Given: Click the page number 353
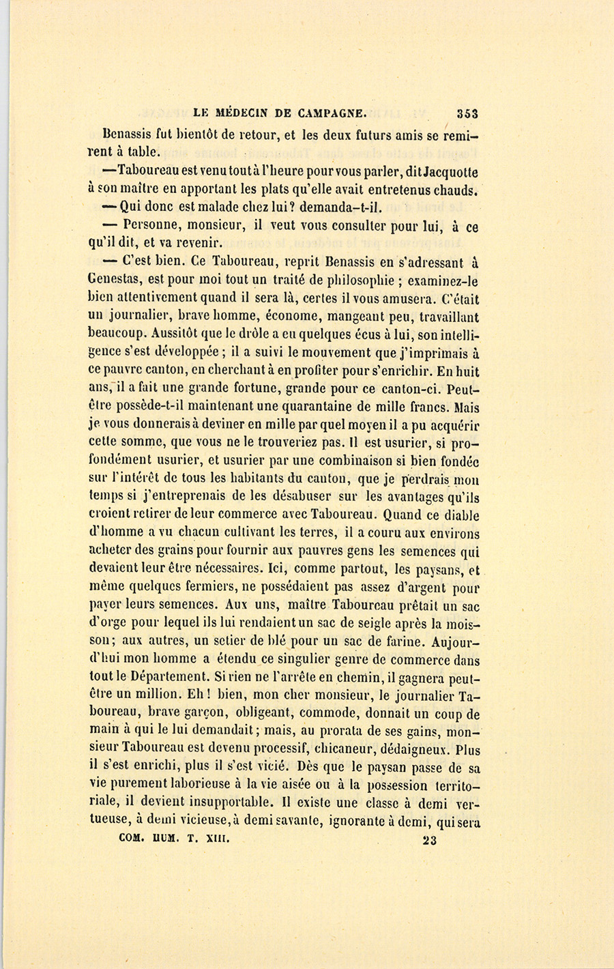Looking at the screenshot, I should click(467, 114).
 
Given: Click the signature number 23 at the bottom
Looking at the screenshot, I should click(430, 840).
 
